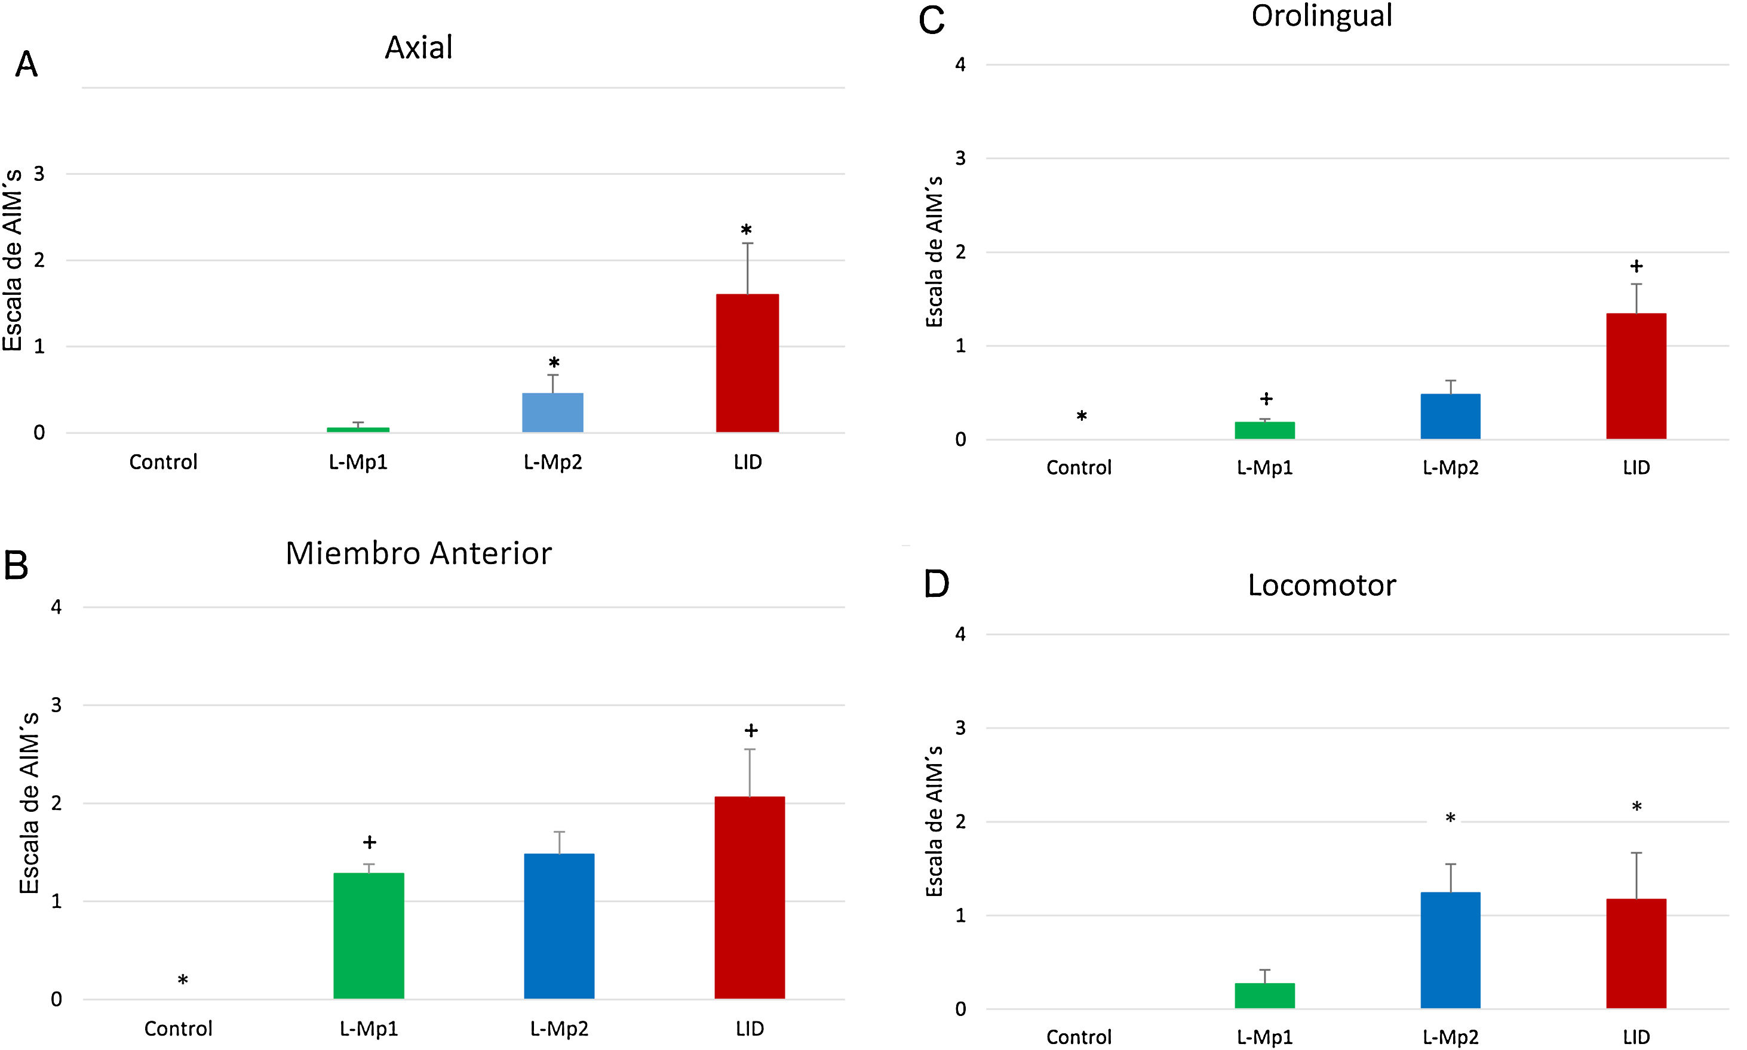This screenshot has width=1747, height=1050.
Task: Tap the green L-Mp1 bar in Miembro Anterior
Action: pyautogui.click(x=368, y=935)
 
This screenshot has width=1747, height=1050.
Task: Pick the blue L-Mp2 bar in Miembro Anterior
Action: pyautogui.click(x=558, y=926)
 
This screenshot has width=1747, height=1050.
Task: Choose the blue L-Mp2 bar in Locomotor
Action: pyautogui.click(x=1450, y=950)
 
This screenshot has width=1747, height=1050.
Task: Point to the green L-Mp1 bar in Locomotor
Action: pyautogui.click(x=1264, y=995)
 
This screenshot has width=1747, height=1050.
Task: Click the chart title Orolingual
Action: pyautogui.click(x=1321, y=16)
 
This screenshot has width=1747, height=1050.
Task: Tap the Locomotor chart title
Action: pyautogui.click(x=1321, y=586)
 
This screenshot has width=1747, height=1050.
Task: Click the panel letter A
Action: pyautogui.click(x=26, y=64)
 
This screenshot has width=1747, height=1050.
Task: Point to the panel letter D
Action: pyautogui.click(x=936, y=584)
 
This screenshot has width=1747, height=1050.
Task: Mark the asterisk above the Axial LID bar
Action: pyautogui.click(x=746, y=230)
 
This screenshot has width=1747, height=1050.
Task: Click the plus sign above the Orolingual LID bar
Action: pyautogui.click(x=1636, y=267)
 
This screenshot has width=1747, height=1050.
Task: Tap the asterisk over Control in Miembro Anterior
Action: pyautogui.click(x=183, y=981)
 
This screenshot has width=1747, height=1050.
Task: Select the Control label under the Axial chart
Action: pyautogui.click(x=163, y=462)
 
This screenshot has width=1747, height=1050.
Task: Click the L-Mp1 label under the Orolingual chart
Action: pyautogui.click(x=1264, y=467)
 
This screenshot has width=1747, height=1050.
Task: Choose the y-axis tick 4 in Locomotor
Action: pyautogui.click(x=960, y=634)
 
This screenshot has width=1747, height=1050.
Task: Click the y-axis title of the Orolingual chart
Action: pyautogui.click(x=934, y=252)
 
